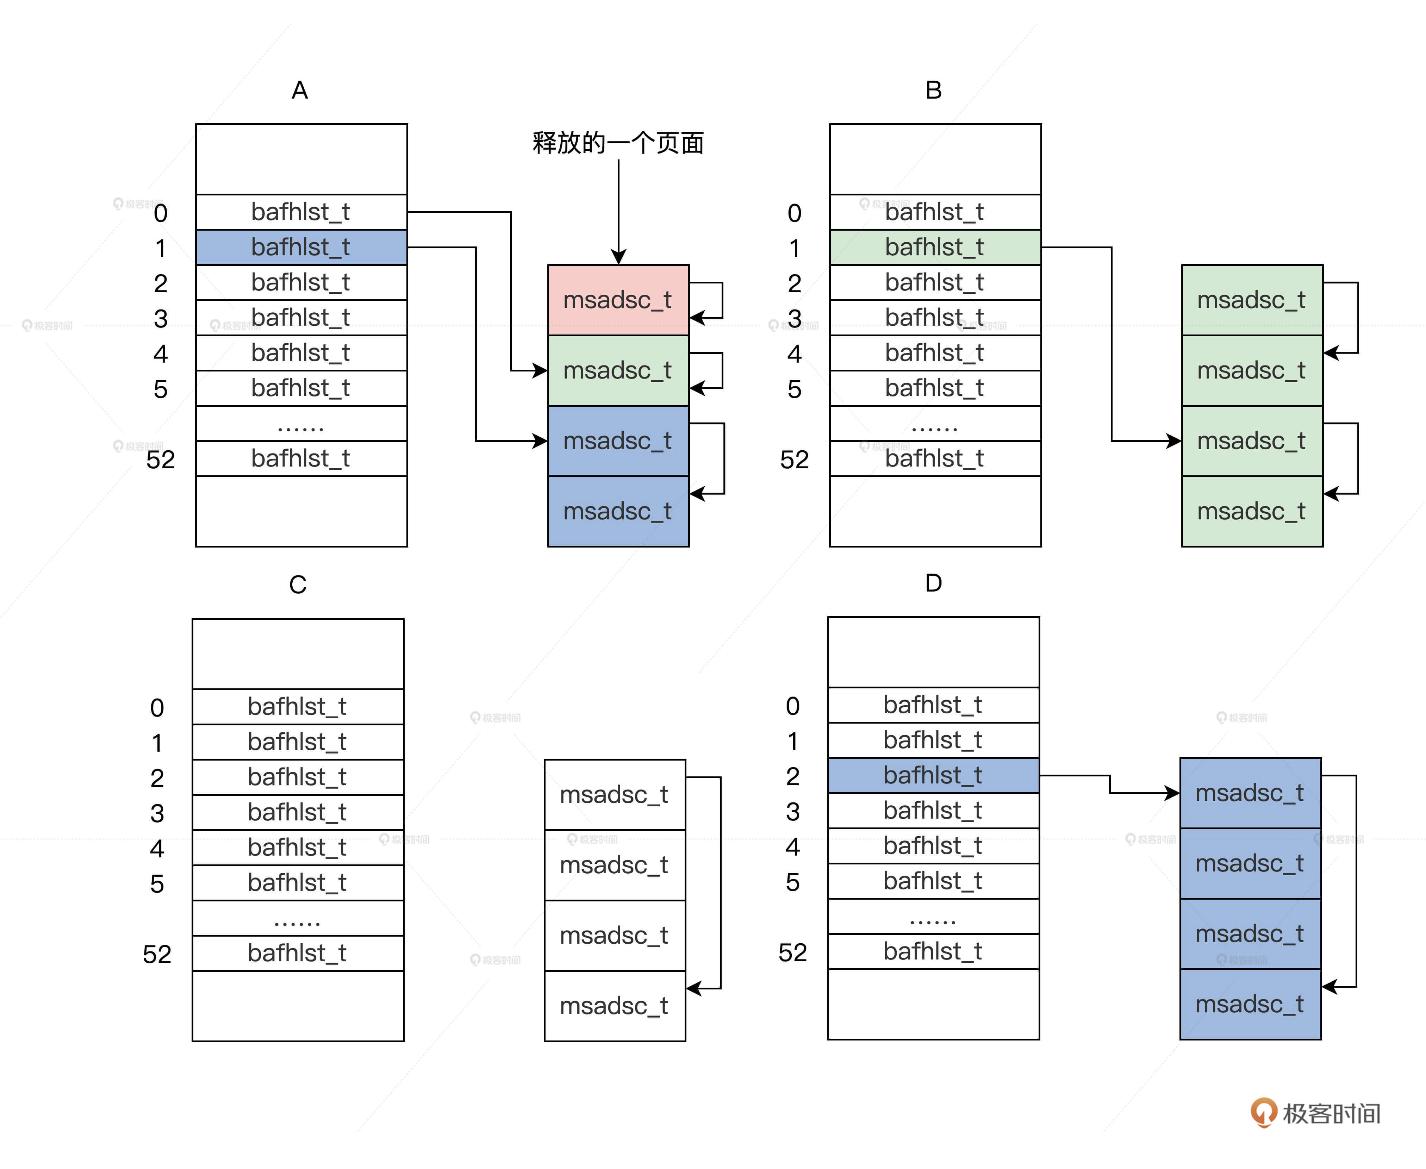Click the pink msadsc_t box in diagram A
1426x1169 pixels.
[618, 300]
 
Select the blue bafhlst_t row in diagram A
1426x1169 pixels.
[301, 247]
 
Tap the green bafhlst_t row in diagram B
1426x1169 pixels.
[935, 247]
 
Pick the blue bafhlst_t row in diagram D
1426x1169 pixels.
[933, 775]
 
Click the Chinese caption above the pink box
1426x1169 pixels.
[618, 143]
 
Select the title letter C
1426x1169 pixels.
[298, 584]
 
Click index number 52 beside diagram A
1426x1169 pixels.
[160, 460]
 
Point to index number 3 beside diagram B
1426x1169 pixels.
[795, 319]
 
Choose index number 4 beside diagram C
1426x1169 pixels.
[157, 849]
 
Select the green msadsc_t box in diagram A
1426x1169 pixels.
[618, 370]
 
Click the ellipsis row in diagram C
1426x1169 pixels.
[298, 919]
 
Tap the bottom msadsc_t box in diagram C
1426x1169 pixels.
[614, 1006]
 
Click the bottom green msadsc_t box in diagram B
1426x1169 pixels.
[1252, 512]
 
